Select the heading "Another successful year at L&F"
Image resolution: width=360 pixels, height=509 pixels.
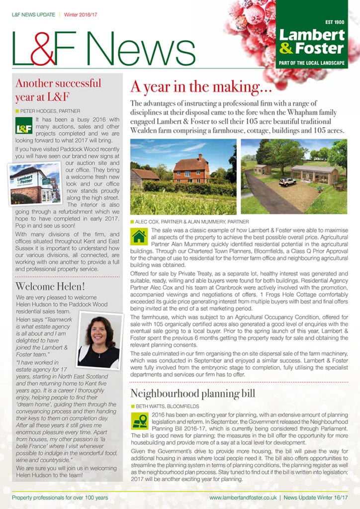[x=58, y=89]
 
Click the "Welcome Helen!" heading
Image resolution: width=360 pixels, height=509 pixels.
[x=50, y=286]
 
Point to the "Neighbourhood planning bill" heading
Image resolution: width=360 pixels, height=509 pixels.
[x=192, y=393]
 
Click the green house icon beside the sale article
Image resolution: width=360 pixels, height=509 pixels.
[x=139, y=236]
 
